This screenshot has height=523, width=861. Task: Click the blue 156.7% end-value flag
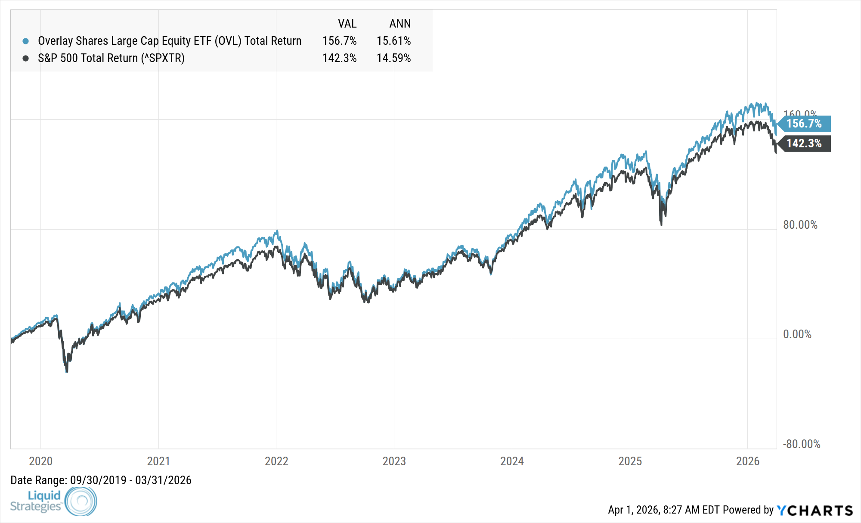[x=804, y=124]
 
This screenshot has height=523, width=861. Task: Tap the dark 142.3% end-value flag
[x=804, y=143]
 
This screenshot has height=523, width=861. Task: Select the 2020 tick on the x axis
[x=40, y=461]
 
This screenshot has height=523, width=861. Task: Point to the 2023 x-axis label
[x=394, y=461]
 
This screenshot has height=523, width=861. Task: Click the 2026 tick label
[x=748, y=461]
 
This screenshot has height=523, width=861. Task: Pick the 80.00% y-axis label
[x=800, y=225]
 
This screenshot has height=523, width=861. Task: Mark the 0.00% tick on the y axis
[x=797, y=334]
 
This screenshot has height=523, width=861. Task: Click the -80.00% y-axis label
[x=801, y=444]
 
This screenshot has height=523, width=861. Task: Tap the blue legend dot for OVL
[x=26, y=41]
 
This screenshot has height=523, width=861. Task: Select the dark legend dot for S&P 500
[x=26, y=58]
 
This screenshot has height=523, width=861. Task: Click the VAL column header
[x=347, y=23]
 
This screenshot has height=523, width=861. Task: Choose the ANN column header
[x=400, y=23]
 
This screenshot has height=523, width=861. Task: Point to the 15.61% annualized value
[x=393, y=41]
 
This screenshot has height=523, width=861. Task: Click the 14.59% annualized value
[x=393, y=58]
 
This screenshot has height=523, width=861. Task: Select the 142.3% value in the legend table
[x=339, y=58]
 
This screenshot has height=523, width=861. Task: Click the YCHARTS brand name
[x=815, y=511]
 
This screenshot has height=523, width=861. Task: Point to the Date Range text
[x=101, y=480]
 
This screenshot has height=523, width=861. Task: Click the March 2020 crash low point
[x=67, y=370]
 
